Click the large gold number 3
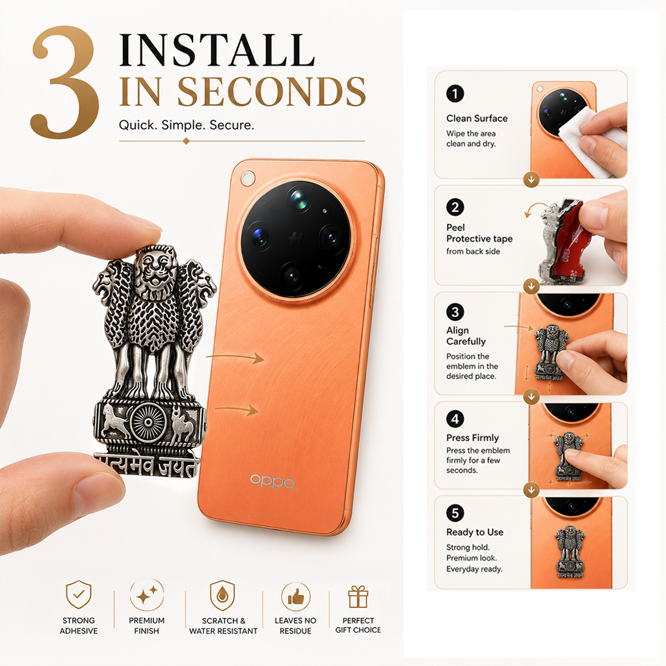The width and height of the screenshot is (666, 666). [66, 82]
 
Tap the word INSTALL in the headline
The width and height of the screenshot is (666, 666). [217, 50]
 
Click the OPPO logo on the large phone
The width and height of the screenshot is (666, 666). [273, 481]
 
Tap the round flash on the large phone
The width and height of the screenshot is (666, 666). [247, 178]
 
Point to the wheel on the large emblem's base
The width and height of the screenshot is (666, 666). [148, 422]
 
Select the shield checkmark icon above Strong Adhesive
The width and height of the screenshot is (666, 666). [79, 594]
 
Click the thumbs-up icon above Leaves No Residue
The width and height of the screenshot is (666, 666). [296, 597]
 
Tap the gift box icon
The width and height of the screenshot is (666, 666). [358, 597]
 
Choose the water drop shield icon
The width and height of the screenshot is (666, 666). [222, 595]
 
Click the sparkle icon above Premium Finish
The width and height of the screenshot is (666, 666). [146, 594]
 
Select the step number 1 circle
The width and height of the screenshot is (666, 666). [455, 94]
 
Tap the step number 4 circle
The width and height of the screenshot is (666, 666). [455, 419]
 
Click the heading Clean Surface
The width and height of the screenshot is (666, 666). [477, 118]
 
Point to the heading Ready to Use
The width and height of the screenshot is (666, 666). [474, 532]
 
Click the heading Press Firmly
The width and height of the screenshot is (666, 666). [472, 438]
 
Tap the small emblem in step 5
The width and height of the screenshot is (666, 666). [570, 552]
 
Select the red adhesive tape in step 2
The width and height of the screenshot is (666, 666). [567, 242]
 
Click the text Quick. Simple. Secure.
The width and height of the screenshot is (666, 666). [187, 126]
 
